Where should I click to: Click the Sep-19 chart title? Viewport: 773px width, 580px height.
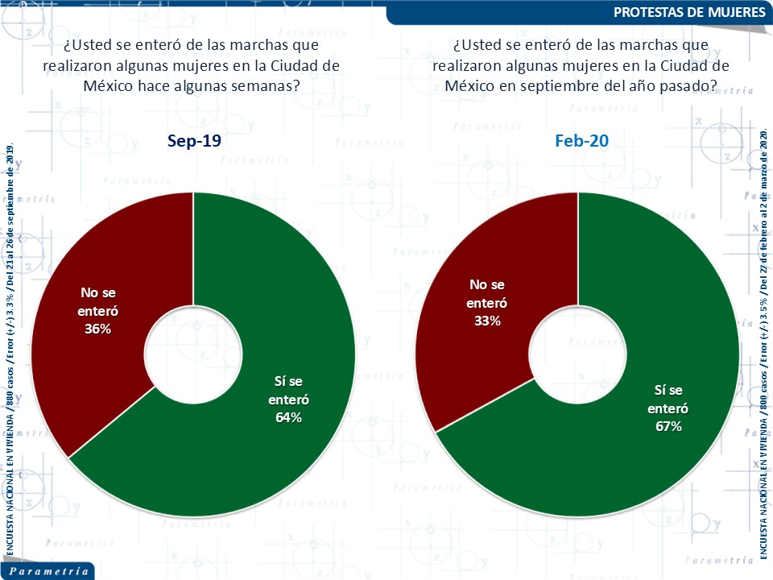[193, 141]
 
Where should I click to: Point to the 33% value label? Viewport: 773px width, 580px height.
[488, 321]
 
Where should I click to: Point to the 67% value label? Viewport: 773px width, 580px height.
[668, 426]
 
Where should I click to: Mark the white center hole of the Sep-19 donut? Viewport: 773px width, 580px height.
[193, 354]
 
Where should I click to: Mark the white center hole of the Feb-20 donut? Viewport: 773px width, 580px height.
[577, 354]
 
